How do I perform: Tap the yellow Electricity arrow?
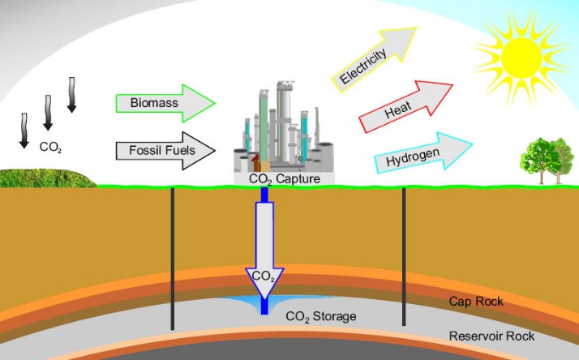coord(369,58)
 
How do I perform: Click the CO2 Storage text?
coord(320,315)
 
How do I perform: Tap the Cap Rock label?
coord(476,302)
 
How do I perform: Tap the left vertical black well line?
coord(173,259)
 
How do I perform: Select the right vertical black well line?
coord(403,259)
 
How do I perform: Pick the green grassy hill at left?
coord(41,177)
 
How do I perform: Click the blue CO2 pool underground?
coord(243,302)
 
